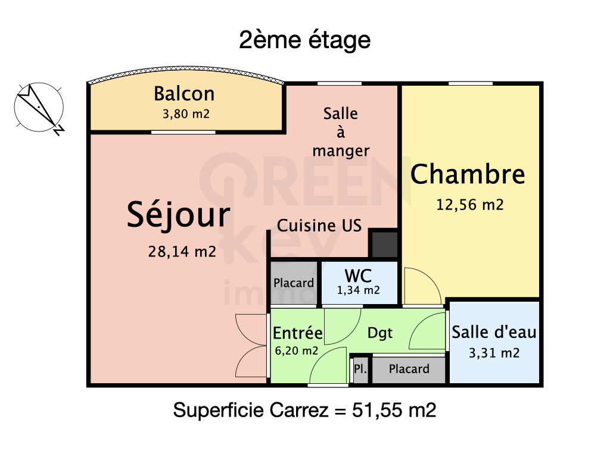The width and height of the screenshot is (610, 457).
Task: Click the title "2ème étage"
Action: coord(304,40)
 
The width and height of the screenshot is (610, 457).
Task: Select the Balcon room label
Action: coord(185,93)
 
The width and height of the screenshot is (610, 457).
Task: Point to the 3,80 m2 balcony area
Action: coord(186,114)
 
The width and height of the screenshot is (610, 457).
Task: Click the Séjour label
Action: coord(179,215)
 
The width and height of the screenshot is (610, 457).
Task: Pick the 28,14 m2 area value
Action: coord(182,252)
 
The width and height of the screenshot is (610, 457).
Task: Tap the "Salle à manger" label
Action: coord(341,132)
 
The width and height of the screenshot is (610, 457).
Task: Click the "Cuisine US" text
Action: coord(319,226)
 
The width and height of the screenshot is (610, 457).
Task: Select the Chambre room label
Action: coord(468,174)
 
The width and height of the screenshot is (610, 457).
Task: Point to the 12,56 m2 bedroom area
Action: coord(470,205)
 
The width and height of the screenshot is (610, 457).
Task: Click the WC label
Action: coord(358,276)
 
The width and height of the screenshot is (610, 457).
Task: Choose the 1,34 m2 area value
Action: coord(358,290)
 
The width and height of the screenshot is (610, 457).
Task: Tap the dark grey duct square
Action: coord(384,244)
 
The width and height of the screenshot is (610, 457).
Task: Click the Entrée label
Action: coord(298,333)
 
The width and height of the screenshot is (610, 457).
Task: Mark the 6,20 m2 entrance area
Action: coord(297,351)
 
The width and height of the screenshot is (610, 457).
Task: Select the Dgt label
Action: coord(380,333)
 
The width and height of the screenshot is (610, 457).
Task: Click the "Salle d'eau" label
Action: coord(494,332)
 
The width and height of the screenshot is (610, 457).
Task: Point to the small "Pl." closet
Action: coord(360,369)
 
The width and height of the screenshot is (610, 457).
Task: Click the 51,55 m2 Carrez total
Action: coord(394,410)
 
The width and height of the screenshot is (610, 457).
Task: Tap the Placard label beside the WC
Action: coord(294,283)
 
